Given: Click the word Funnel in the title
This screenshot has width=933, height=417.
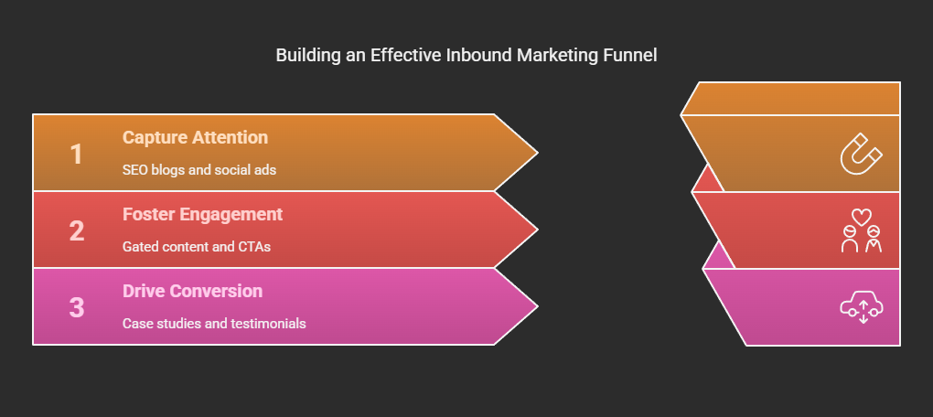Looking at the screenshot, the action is coord(631,55).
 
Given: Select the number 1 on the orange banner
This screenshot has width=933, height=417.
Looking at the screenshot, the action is coord(76,154).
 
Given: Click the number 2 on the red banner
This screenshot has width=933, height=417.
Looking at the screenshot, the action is coord(77,230).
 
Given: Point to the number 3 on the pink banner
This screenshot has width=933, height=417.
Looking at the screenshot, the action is coord(77,307).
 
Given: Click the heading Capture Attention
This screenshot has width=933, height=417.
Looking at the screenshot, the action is coord(195,137).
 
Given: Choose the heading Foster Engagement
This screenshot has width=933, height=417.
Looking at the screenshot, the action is coord(202,214).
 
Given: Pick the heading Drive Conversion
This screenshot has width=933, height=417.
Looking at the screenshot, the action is coord(192,291).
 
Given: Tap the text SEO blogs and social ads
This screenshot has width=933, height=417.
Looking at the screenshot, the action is coord(199,169).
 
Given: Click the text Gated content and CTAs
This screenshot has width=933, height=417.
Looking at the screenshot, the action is coord(197,246).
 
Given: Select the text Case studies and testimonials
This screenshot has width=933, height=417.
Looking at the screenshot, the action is coord(214,324).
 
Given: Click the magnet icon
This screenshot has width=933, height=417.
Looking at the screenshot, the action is coord(861,154).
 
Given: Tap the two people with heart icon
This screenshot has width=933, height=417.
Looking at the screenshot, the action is coord(862,230).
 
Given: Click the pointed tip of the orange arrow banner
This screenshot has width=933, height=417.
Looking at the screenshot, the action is coord(538,153).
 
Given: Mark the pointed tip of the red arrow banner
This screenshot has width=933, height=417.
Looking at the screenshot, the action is coord(538,230).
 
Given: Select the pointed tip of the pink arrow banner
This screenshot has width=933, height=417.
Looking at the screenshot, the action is coord(538,307).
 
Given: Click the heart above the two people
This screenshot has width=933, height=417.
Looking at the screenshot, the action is coord(862,216).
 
